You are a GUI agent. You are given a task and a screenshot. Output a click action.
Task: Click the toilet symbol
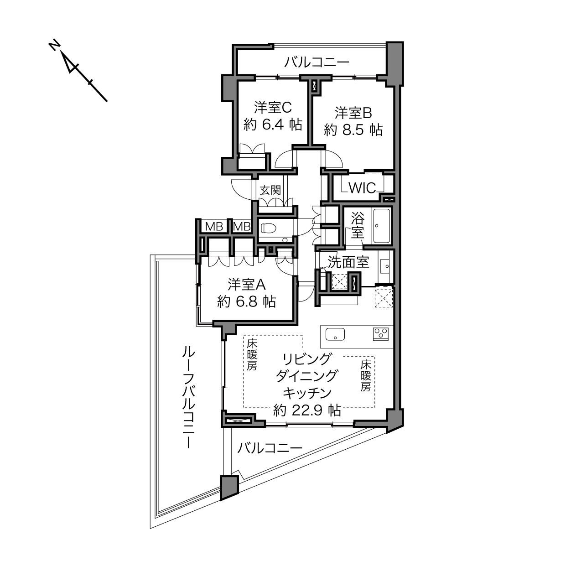269,228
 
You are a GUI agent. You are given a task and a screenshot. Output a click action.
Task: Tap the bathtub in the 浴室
381,226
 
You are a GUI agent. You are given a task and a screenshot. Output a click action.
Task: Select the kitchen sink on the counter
335,334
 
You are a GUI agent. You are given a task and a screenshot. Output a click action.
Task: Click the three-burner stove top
381,334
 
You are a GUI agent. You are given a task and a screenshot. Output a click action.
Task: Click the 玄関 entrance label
270,190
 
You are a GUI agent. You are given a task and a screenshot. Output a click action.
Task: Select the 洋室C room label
273,107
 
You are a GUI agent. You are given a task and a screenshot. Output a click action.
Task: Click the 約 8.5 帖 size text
353,130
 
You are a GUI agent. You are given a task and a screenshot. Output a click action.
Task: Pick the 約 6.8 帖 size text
247,301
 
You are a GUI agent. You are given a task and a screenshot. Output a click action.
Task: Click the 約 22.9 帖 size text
306,410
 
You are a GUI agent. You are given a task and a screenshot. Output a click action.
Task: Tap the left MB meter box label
214,227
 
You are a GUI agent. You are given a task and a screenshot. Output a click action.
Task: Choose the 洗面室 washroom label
348,262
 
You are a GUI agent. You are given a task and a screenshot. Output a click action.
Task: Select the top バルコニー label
317,62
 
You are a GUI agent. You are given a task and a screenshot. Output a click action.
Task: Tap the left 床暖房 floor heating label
252,355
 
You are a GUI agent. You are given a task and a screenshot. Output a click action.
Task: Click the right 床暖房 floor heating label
366,375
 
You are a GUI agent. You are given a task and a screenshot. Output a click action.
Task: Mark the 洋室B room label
353,113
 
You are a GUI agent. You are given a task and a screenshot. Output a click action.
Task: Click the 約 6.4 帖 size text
273,125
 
